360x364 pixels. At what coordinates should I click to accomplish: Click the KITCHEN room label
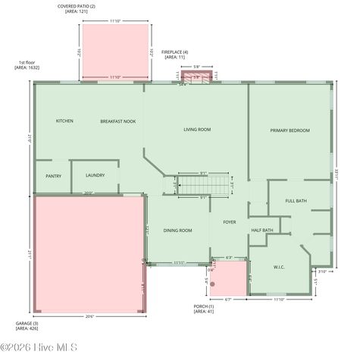(64, 121)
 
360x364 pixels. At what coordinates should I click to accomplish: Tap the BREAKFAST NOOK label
(117, 121)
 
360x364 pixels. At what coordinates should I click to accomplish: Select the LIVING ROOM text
(197, 130)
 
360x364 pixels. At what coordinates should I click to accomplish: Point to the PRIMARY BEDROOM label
(290, 130)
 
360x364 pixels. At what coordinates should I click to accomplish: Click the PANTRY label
(53, 176)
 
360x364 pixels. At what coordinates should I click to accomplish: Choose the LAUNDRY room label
(95, 175)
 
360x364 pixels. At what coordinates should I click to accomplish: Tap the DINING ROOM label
(177, 231)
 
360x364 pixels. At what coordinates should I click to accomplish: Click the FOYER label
(230, 222)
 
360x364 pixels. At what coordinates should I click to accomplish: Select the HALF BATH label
(262, 231)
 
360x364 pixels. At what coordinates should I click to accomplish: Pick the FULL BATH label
(296, 201)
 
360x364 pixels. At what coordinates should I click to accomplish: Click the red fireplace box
(196, 76)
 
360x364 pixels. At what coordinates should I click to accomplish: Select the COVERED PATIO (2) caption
(77, 9)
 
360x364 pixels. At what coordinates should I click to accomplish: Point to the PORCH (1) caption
(204, 309)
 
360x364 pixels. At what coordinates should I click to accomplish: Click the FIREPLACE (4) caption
(175, 54)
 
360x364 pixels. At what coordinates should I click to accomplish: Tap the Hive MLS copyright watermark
(39, 348)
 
